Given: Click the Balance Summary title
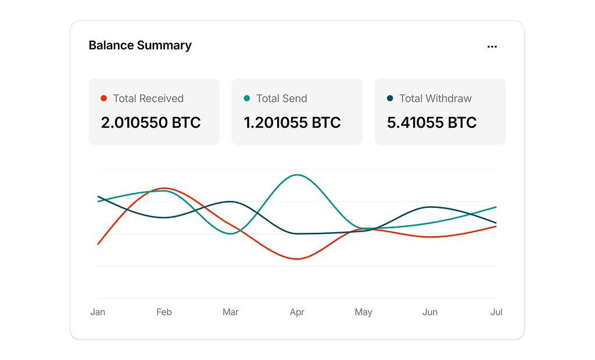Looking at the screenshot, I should click(x=140, y=45).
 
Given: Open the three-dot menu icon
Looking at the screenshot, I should click(x=492, y=46).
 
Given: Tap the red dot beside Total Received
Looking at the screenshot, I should click(x=103, y=98).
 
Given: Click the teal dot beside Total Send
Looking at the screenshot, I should click(x=246, y=98).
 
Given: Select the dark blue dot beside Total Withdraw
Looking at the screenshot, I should click(x=390, y=98).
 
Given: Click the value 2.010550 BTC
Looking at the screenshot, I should click(x=151, y=123).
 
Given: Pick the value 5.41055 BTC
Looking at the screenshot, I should click(x=432, y=123).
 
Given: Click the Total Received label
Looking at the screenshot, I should click(x=148, y=98).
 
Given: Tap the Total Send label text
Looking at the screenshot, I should click(x=282, y=98).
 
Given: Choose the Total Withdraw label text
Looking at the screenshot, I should click(x=436, y=98).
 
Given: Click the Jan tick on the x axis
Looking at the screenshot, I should click(x=98, y=312).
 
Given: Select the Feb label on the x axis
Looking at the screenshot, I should click(x=164, y=312).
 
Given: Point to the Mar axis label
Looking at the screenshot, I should click(x=231, y=312).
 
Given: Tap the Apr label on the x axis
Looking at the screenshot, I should click(x=297, y=312).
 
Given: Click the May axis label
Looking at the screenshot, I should click(x=364, y=312).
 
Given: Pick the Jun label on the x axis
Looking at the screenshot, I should click(x=430, y=312).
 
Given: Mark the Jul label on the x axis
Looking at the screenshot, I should click(x=496, y=312).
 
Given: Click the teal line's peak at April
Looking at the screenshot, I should click(x=297, y=174).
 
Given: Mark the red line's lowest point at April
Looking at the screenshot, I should click(x=297, y=259).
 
